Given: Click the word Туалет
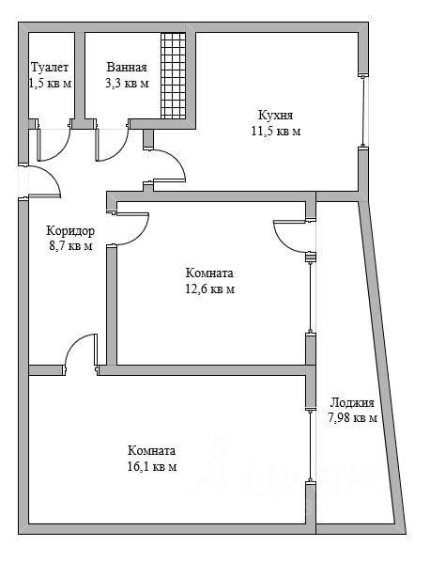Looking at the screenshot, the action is [x=50, y=68].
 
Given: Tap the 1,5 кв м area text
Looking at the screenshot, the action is [x=50, y=84].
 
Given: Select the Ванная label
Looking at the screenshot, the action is [x=127, y=68].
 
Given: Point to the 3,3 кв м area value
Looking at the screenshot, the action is [x=127, y=84].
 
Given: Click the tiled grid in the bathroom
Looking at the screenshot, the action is [x=174, y=75].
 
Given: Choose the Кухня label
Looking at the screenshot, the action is [x=276, y=115].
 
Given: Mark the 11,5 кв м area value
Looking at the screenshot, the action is [x=276, y=132].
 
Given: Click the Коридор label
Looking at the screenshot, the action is [x=70, y=230].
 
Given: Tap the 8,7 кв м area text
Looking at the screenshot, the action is [x=70, y=246].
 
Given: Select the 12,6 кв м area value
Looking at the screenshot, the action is [x=209, y=289].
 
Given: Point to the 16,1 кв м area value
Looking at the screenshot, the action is [x=152, y=467].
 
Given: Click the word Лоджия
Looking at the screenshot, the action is [x=352, y=402].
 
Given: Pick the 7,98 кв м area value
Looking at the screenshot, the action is [x=352, y=418].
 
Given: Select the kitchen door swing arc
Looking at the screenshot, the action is [x=177, y=160].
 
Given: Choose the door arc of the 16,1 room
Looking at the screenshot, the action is [x=74, y=344].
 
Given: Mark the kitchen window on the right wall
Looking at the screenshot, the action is [x=363, y=111].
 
